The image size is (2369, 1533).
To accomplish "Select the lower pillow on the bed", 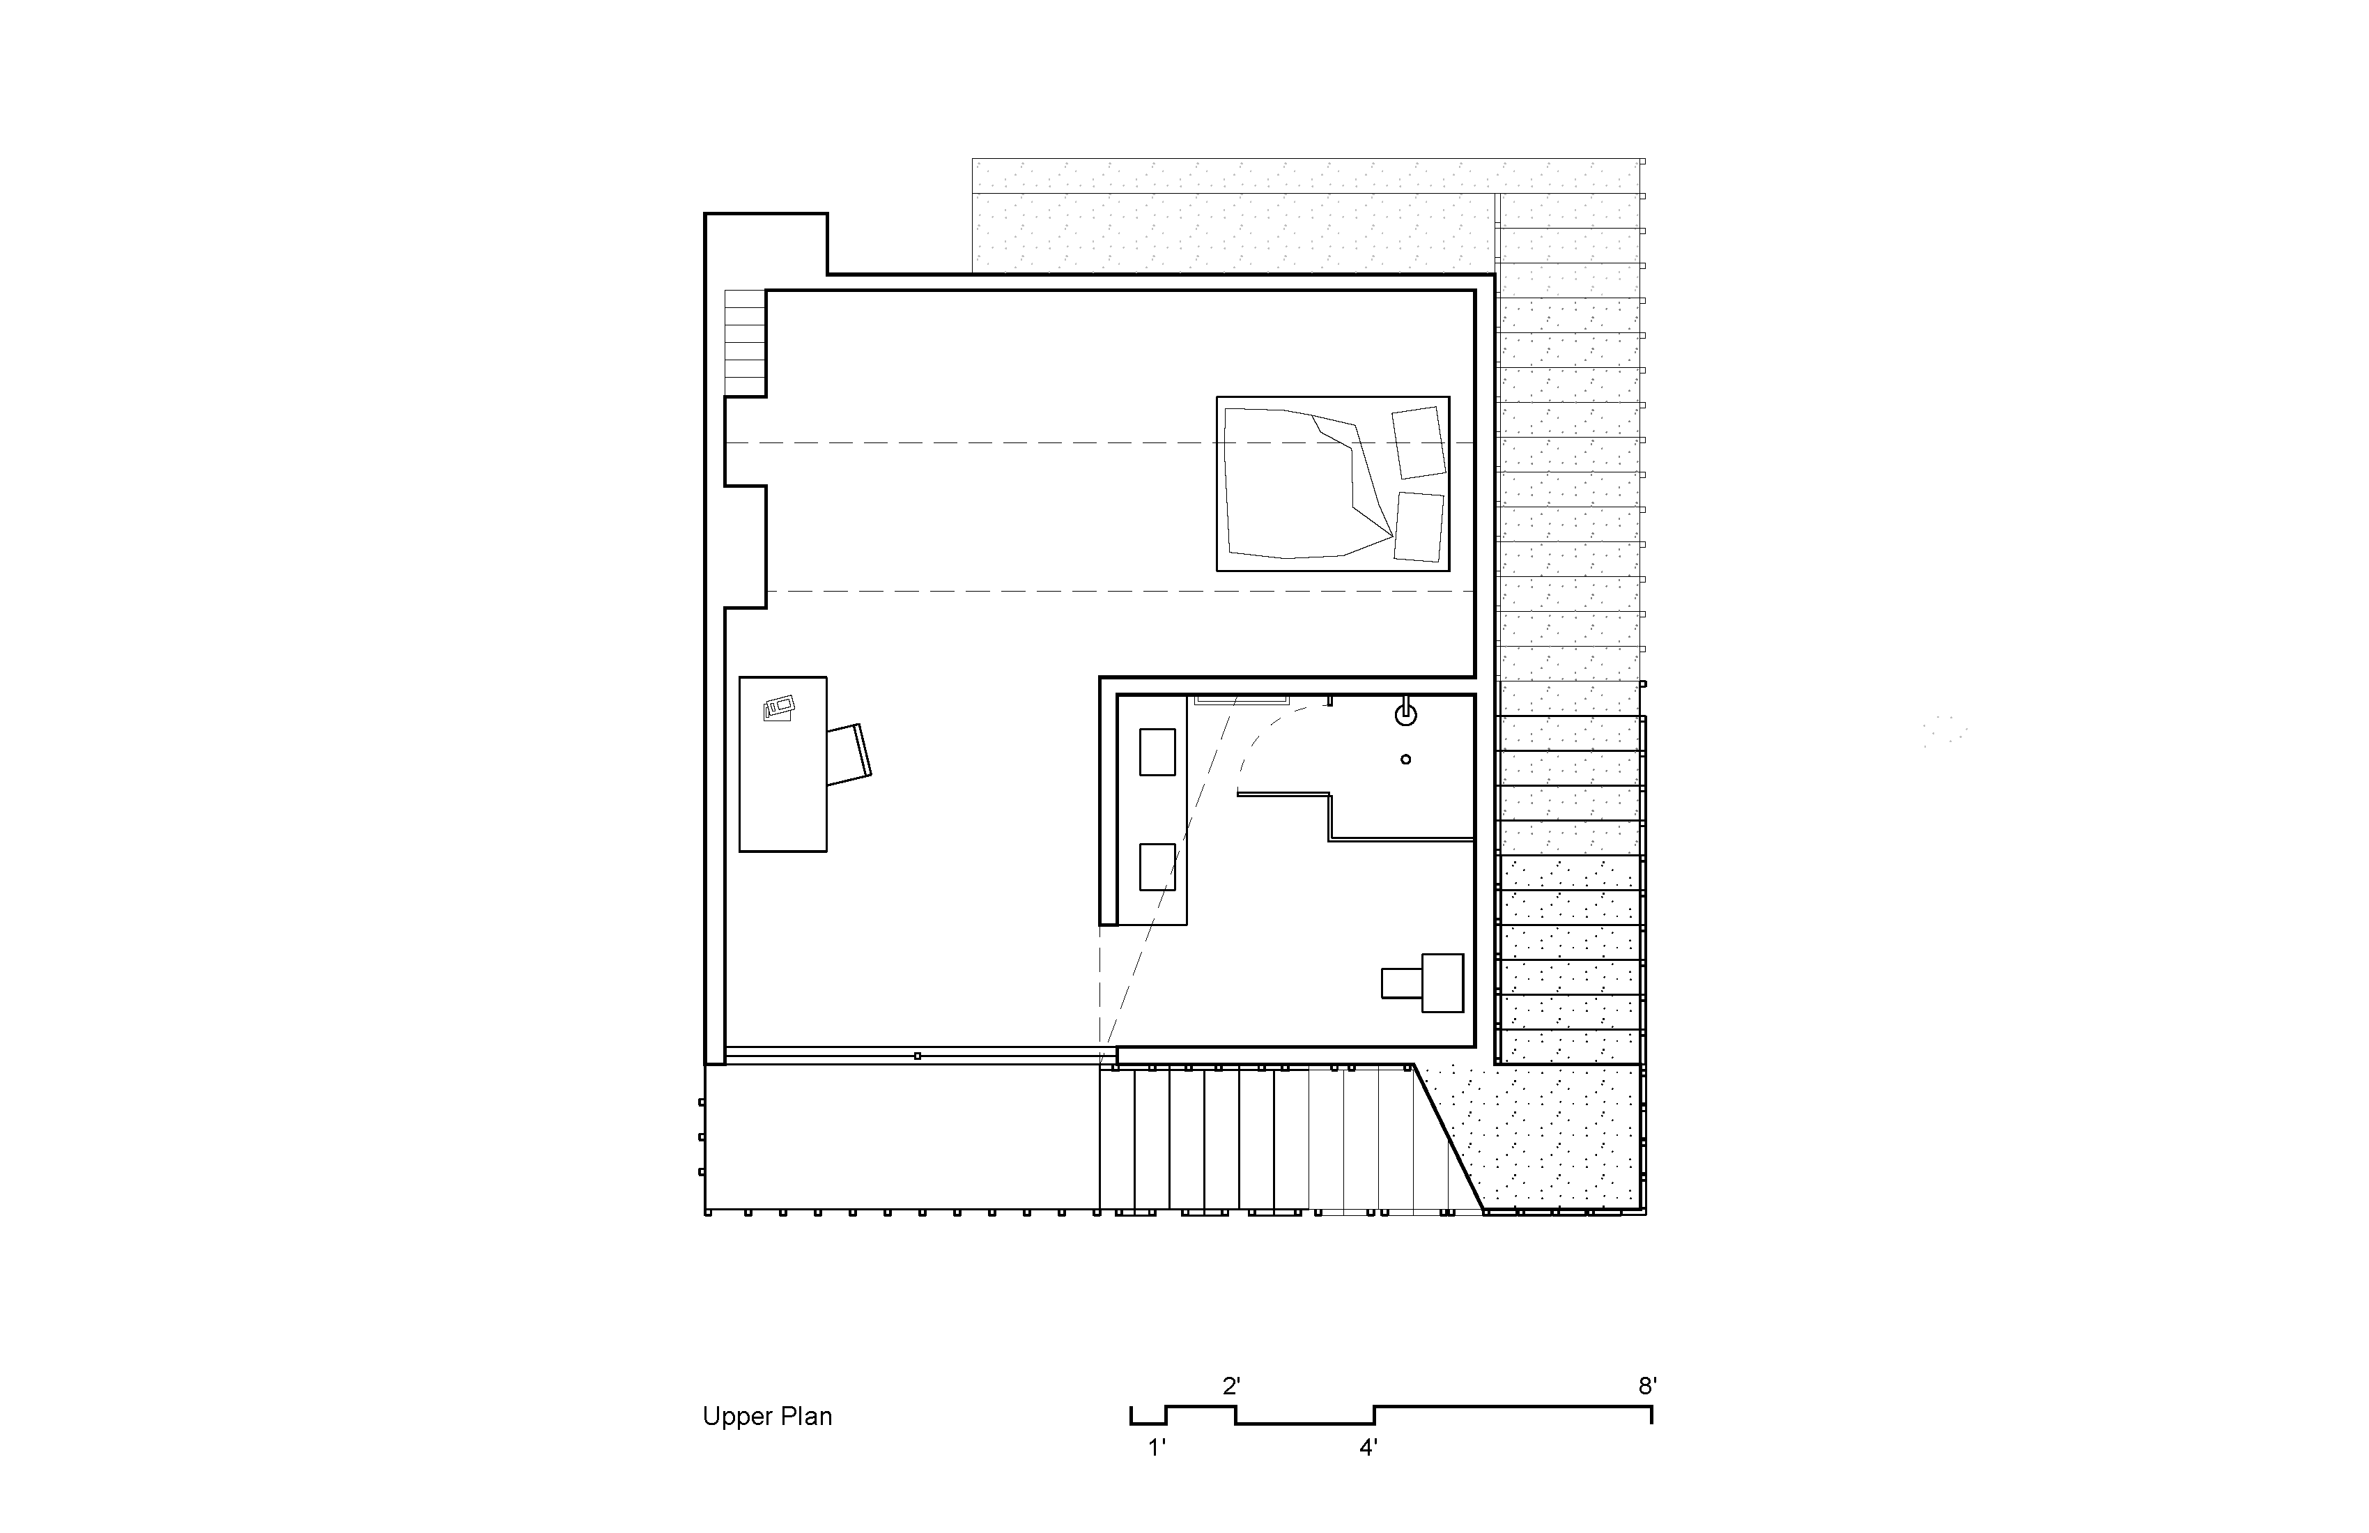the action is coord(1419,525).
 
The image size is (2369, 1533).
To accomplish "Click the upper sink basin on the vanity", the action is coord(1157,752).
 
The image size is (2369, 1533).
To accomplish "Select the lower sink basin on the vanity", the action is coord(1157,866).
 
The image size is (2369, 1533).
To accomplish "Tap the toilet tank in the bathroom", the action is coord(1442,983).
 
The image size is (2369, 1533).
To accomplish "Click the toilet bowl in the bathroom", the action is coord(1401,983).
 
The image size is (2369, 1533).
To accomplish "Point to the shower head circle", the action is coord(1405,713).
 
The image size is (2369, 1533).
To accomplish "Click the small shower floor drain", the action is coord(1405,760).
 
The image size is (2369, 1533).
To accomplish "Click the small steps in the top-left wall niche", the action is coord(745,344).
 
